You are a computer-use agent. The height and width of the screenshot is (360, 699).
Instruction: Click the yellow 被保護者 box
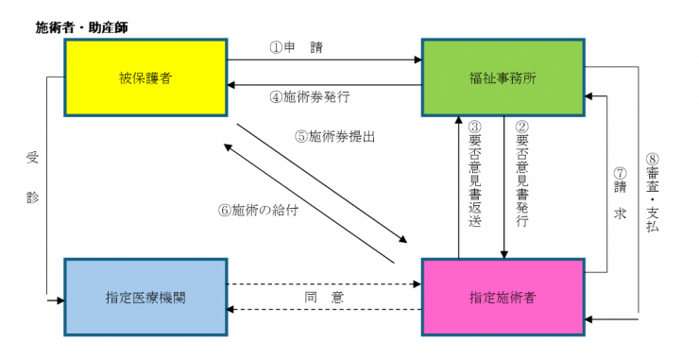click(x=145, y=77)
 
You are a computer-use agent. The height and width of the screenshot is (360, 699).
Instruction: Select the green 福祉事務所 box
click(x=503, y=77)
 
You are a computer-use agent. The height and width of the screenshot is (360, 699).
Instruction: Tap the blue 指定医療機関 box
click(x=145, y=297)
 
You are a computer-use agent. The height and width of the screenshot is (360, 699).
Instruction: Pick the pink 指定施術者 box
click(x=503, y=297)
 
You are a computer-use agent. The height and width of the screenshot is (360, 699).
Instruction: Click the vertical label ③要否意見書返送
click(x=475, y=176)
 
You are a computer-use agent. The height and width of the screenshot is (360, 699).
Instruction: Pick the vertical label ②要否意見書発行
click(x=522, y=176)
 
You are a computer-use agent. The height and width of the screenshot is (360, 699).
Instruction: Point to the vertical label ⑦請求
click(x=621, y=194)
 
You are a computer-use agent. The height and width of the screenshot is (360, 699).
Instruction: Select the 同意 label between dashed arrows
click(x=323, y=297)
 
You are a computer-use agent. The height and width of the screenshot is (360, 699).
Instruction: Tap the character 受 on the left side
click(x=31, y=158)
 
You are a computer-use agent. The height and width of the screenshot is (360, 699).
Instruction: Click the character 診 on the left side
click(x=31, y=198)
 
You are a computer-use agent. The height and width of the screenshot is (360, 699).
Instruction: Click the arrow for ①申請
click(x=324, y=61)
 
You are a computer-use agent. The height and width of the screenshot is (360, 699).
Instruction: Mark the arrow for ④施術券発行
click(x=324, y=85)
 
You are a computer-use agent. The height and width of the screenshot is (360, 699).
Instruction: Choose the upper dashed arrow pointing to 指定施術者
click(x=324, y=283)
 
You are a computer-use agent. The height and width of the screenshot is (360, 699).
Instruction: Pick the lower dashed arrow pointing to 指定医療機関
click(x=324, y=309)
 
